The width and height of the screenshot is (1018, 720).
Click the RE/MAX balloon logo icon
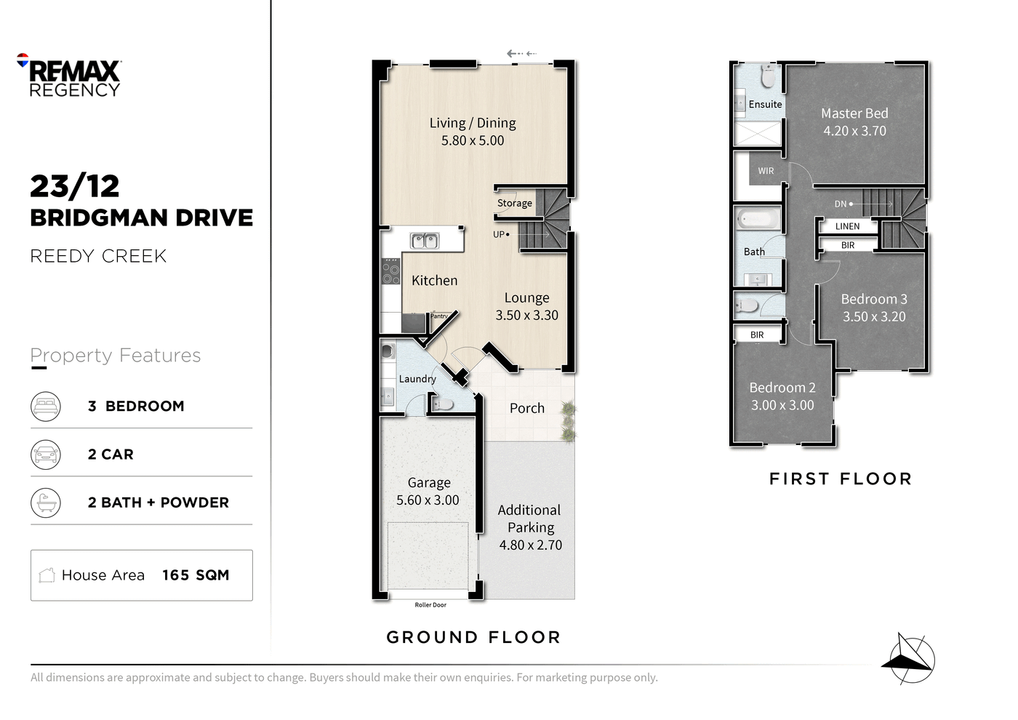click(23, 60)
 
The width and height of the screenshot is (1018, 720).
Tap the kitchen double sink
click(425, 241)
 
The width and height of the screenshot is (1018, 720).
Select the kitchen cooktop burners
click(390, 271)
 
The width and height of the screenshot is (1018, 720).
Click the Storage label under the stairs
click(515, 203)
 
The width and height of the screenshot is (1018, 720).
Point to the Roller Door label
click(430, 605)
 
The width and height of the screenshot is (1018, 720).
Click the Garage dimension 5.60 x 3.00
click(428, 500)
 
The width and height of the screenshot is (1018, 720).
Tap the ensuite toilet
click(768, 76)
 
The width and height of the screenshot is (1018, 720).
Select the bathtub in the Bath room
click(758, 220)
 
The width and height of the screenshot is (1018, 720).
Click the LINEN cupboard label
click(848, 226)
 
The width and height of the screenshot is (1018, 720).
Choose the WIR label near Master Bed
click(766, 171)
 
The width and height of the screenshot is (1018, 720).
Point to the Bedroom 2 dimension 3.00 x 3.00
click(782, 405)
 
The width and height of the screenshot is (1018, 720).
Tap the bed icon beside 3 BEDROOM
click(45, 406)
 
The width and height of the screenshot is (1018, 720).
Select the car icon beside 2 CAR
click(45, 454)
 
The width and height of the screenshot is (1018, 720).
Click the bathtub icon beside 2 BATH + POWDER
click(45, 503)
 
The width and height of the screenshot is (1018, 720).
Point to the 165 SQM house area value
click(196, 575)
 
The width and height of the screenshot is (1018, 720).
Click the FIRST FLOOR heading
click(841, 479)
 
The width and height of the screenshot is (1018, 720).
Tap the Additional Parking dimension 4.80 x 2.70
click(530, 545)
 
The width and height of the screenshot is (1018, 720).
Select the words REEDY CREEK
click(98, 256)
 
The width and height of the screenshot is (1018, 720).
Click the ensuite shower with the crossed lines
click(758, 134)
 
